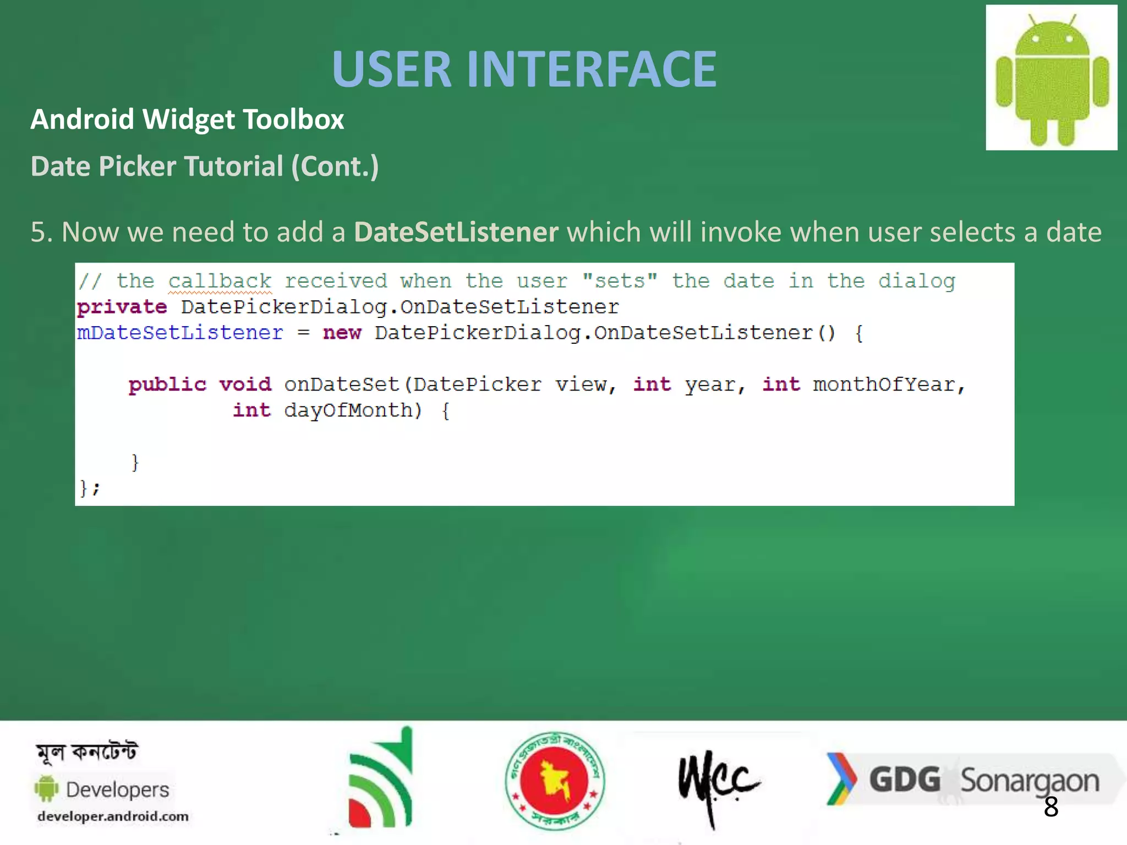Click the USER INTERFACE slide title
click(524, 69)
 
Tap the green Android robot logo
click(1051, 78)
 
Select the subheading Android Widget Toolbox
click(187, 119)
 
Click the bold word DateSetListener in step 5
click(456, 232)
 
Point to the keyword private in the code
click(122, 307)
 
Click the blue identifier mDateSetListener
click(180, 333)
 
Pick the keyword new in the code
click(342, 333)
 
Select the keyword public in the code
click(167, 384)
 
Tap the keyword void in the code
click(245, 384)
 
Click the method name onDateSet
click(342, 384)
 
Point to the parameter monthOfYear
click(884, 384)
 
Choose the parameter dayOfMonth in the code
click(349, 410)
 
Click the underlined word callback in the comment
click(220, 282)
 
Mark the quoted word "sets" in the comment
click(620, 281)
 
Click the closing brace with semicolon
click(90, 488)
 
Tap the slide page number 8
click(1051, 807)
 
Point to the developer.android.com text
click(113, 816)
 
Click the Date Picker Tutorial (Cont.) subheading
click(205, 166)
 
